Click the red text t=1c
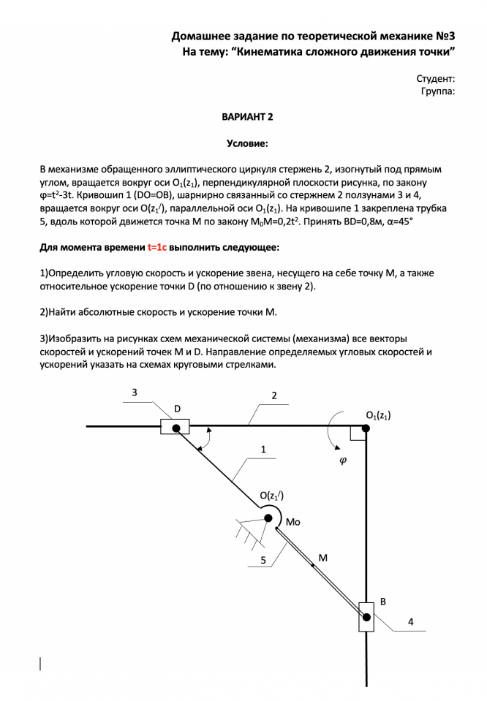[157, 248]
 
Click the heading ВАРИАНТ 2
[247, 117]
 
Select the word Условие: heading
[247, 144]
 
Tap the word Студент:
[436, 78]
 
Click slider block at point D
[175, 426]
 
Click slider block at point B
[366, 617]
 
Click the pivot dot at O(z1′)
[268, 518]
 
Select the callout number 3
[135, 393]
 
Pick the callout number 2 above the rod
[274, 395]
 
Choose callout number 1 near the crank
[263, 449]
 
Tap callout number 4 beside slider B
[410, 622]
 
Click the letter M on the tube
[322, 557]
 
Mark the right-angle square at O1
[358, 434]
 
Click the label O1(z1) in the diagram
[378, 415]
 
